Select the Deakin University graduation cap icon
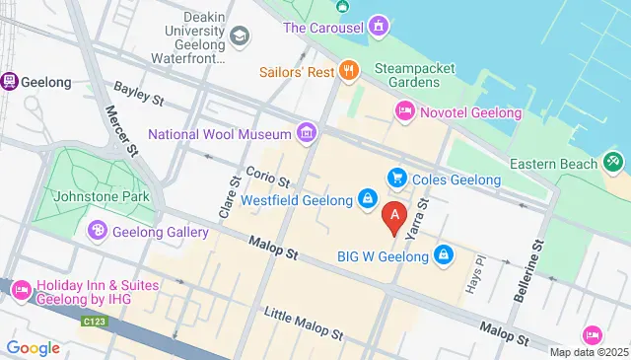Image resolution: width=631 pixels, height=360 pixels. (x=240, y=37)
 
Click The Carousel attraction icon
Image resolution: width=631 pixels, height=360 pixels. (x=378, y=28)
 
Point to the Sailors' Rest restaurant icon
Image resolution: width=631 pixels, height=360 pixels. (x=348, y=71)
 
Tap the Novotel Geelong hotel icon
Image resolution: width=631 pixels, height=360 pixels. (x=404, y=112)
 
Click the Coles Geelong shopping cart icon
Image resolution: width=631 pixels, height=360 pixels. (x=397, y=179)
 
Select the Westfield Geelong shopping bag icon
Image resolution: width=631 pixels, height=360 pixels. (x=367, y=199)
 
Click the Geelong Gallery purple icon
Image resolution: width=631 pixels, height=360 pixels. (x=97, y=232)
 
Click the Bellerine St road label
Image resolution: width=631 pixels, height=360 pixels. (x=529, y=269)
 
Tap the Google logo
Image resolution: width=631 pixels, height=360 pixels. (x=33, y=347)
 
